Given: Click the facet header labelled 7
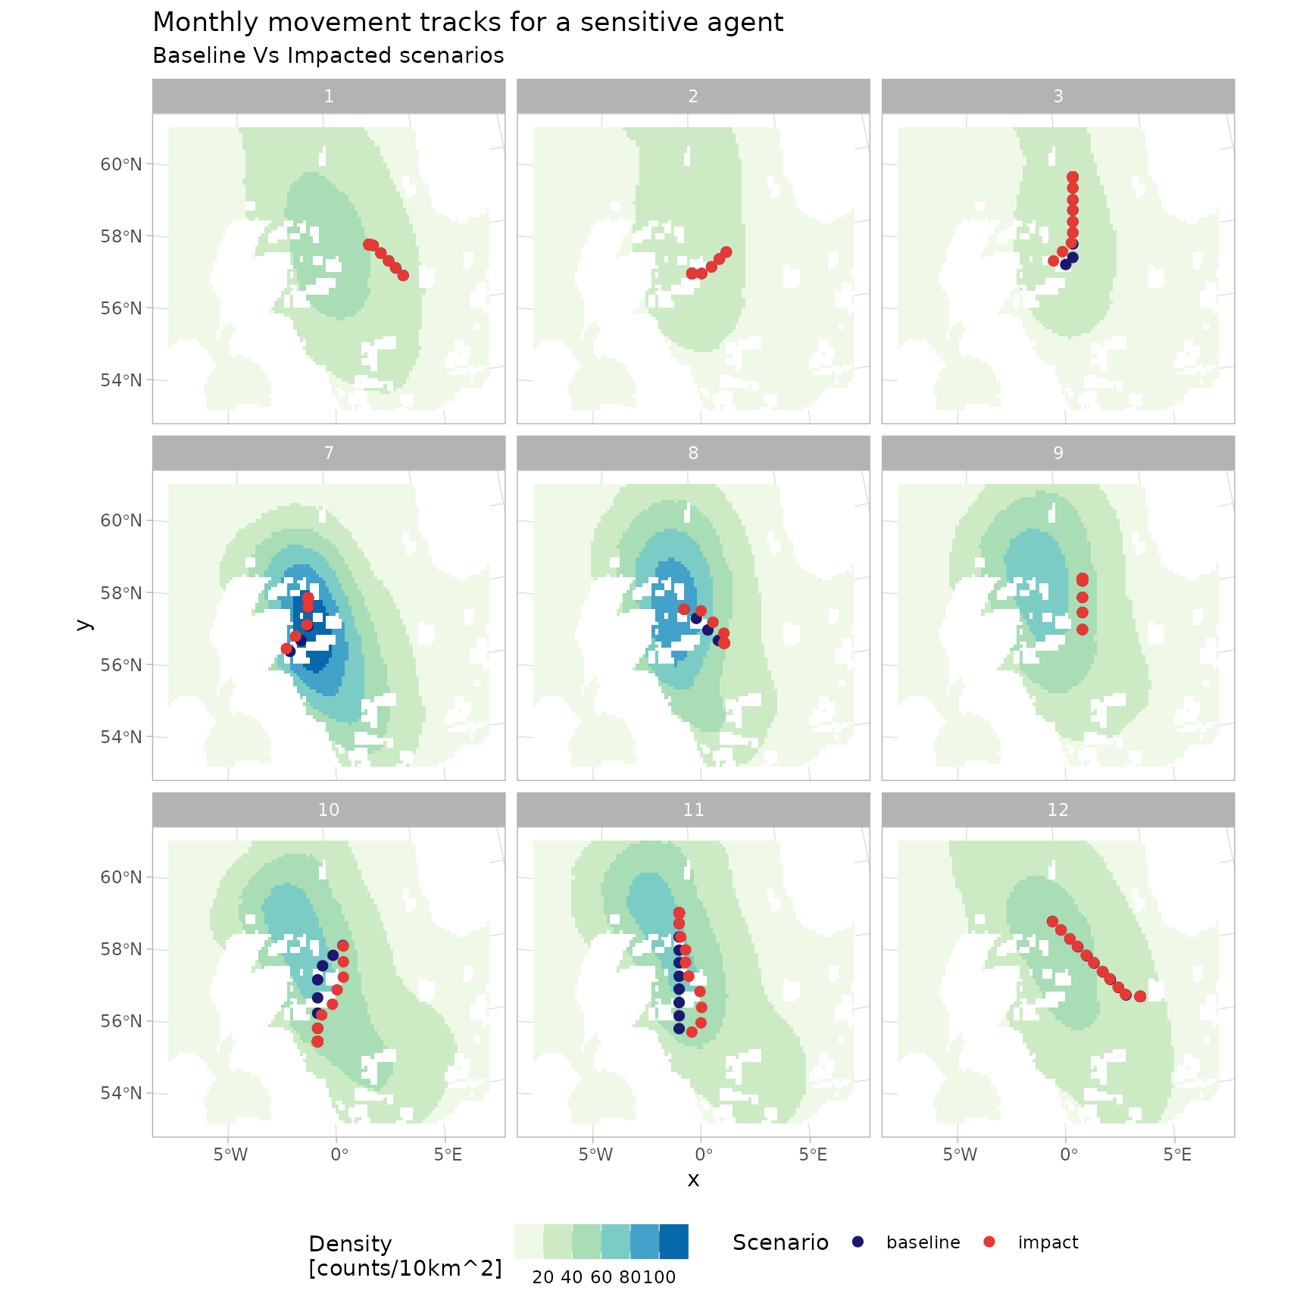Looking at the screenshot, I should click(328, 453).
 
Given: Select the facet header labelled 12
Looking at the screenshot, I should click(1058, 810).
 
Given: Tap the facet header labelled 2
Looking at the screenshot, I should click(692, 96).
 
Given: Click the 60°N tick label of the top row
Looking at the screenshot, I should click(121, 164).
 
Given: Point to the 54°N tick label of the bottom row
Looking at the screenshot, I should click(121, 1093).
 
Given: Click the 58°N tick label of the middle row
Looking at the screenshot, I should click(121, 593).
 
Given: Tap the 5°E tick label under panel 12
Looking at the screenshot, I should click(1177, 1155).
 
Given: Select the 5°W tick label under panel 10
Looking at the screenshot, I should click(230, 1155).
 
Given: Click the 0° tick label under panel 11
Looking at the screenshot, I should click(704, 1155).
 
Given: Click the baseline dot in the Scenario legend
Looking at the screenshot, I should click(858, 1242).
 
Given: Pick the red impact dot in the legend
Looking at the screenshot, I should click(989, 1242).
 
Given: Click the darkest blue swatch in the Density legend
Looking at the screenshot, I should click(673, 1242).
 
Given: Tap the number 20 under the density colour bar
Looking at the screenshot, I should click(543, 1277).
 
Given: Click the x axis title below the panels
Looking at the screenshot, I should click(693, 1179).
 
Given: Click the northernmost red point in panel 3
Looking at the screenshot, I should click(1073, 177).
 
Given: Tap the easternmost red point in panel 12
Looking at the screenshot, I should click(1140, 996).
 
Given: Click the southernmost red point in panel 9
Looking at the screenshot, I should click(1083, 630).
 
